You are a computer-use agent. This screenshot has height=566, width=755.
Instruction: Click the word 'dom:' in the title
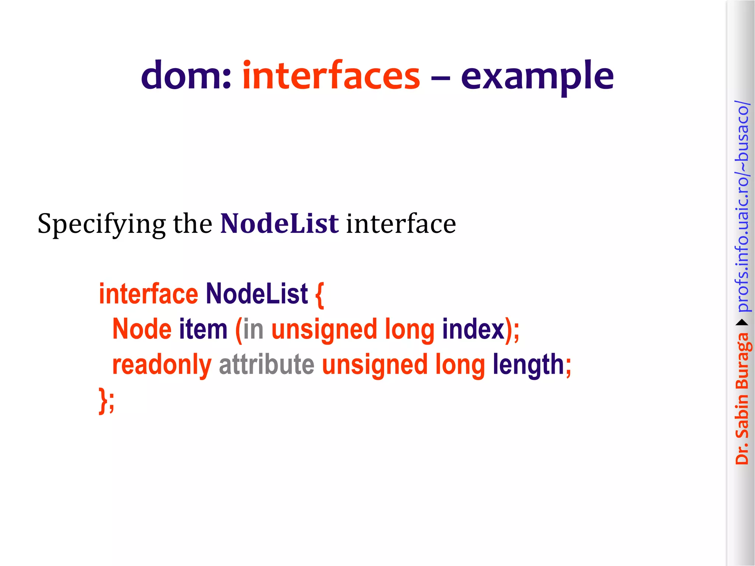186,76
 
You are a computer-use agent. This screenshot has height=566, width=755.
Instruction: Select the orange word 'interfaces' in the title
331,76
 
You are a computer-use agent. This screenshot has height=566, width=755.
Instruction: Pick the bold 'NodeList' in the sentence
279,224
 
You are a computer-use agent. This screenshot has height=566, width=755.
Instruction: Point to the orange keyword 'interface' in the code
149,294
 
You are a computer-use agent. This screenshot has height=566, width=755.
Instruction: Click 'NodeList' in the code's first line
257,294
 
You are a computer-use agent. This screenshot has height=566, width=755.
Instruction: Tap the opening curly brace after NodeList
320,295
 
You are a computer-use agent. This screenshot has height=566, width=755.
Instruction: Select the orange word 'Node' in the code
142,329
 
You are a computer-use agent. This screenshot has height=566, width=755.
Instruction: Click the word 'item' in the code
203,329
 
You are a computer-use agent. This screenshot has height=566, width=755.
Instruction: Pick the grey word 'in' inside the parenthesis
253,329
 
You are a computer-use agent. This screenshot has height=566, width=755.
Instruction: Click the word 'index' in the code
473,329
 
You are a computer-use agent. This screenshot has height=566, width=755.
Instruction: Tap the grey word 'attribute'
267,364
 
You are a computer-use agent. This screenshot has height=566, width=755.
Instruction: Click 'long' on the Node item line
410,329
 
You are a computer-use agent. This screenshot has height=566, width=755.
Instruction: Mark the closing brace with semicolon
107,400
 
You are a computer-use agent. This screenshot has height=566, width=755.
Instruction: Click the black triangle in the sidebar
742,323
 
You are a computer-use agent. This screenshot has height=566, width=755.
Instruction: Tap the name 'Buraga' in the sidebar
742,361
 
